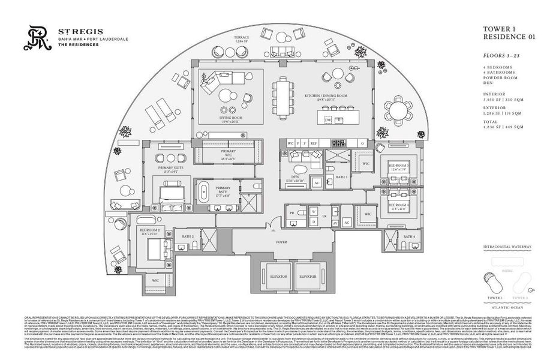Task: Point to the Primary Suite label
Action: click(x=169, y=169)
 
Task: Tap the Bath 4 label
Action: click(x=409, y=237)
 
